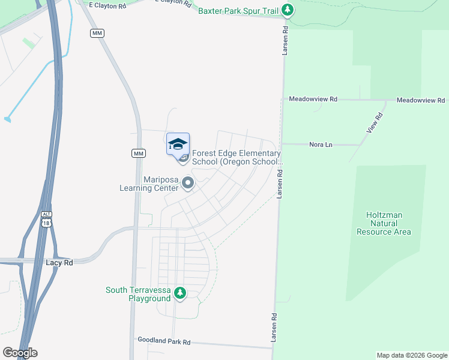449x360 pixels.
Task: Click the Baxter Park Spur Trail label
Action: pos(240,10)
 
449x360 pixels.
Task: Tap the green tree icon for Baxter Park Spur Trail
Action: pos(288,10)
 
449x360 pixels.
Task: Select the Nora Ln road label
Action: pos(320,145)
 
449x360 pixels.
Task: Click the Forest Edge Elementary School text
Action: pos(237,158)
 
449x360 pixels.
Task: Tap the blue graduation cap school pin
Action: pos(178,145)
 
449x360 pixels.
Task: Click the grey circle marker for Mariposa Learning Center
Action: pos(188,183)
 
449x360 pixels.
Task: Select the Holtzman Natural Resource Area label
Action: pos(384,223)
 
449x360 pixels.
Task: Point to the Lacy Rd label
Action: pos(59,263)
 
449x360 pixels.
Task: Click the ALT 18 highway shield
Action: pos(47,219)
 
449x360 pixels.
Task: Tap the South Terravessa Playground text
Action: pos(139,294)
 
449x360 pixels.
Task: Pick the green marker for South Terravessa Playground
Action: pos(179,293)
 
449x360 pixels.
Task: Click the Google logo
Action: pos(20,353)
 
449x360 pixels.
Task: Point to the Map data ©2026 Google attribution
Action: pos(412,355)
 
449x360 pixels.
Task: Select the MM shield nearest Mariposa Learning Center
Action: pos(139,154)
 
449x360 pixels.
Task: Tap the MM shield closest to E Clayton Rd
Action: pos(97,33)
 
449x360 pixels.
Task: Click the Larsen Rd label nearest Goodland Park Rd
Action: pos(274,327)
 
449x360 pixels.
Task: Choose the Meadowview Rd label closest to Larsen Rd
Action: pos(313,99)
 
